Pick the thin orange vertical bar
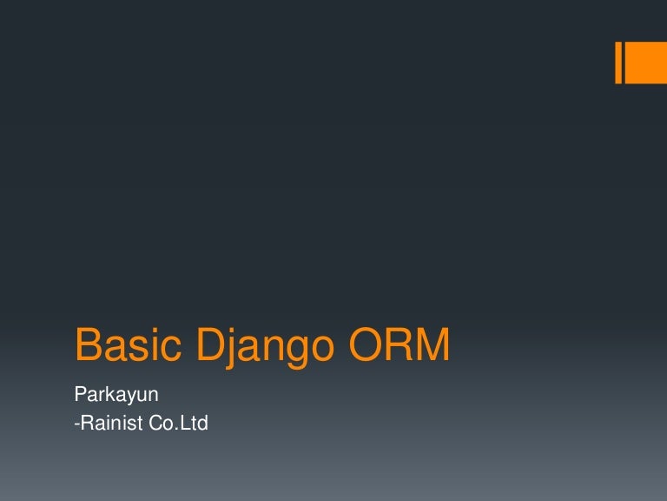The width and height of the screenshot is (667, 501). [619, 63]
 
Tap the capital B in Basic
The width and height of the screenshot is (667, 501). [88, 346]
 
